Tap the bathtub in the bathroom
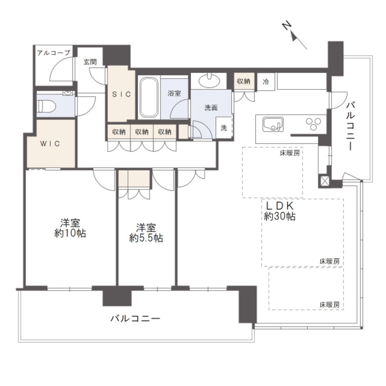point(149,97)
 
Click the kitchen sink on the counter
point(273,124)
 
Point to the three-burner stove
point(313,124)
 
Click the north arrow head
point(293,37)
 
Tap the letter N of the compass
point(287,26)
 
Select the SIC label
point(121,94)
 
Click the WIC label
point(50,144)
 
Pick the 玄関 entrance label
point(90,62)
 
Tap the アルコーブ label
point(53,52)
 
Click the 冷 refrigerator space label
point(266,82)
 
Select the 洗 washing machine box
point(224,128)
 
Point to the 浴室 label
point(174,93)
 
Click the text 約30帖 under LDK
point(280,216)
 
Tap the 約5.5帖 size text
point(146,238)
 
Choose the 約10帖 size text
point(70,233)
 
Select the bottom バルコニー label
point(135,319)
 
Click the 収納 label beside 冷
point(243,81)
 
